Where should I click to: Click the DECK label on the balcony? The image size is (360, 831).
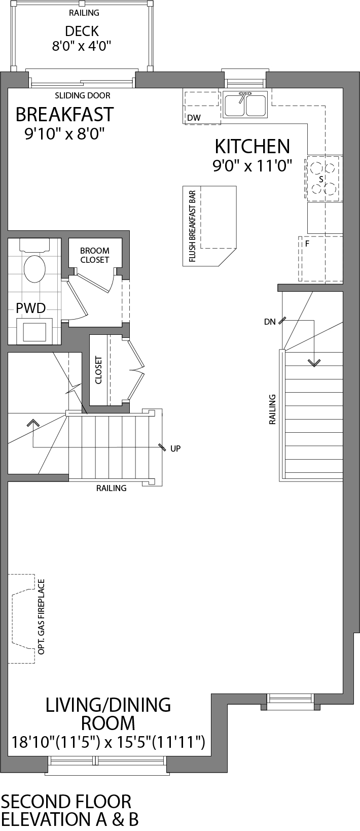82,31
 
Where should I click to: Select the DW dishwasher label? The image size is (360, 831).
194,118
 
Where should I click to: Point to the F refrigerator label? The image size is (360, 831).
307,244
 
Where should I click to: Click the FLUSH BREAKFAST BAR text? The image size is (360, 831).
192,227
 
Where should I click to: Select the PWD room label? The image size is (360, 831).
30,307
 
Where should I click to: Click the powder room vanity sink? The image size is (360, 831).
34,331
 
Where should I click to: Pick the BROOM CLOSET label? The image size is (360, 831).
95,255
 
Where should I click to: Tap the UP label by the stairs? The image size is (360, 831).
175,448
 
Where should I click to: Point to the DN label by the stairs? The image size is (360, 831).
269,322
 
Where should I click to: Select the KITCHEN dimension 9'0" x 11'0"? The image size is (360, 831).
253,166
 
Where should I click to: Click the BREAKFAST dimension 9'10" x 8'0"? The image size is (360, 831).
64,134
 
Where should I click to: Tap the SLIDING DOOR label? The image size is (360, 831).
82,95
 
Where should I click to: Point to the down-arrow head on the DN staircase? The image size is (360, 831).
314,363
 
